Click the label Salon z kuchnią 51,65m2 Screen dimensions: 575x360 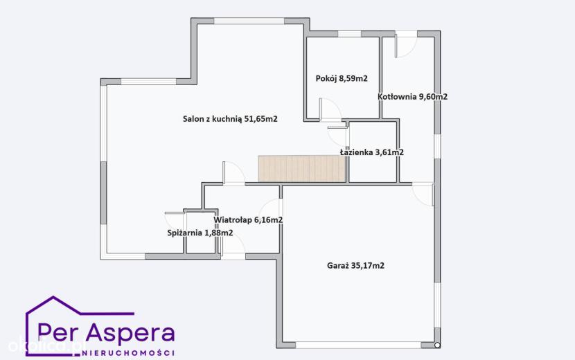[230, 119]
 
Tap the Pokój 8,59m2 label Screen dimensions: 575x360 [342, 78]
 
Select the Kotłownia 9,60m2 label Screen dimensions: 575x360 [413, 97]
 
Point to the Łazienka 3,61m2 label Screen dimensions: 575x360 [372, 152]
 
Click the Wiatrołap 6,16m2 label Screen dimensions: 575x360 [248, 219]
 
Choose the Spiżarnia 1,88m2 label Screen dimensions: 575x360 [200, 233]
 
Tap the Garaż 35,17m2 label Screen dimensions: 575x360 [355, 265]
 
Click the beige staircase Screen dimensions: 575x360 [302, 168]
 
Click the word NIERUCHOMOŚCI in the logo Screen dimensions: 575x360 [129, 352]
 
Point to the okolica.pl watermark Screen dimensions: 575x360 [47, 345]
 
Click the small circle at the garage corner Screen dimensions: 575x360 [436, 345]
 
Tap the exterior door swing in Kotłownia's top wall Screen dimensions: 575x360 [405, 45]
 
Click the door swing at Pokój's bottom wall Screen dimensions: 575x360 [330, 109]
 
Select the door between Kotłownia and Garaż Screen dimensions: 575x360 [423, 194]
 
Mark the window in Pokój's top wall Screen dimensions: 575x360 [349, 34]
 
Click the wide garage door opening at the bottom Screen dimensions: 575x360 [358, 345]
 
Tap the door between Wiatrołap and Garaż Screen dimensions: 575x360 [273, 210]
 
